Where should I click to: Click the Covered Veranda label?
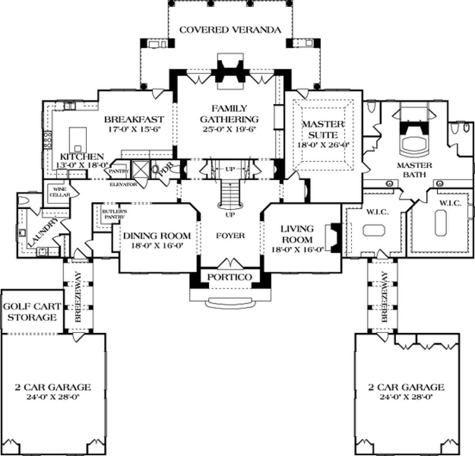tap(230, 30)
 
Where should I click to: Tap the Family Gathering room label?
tap(229, 114)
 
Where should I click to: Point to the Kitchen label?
tap(82, 157)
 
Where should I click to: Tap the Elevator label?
tap(124, 184)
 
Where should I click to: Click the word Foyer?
tap(231, 236)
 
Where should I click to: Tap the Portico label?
tap(230, 277)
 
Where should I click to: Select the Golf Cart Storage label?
tap(32, 312)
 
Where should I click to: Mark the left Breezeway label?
tap(78, 297)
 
